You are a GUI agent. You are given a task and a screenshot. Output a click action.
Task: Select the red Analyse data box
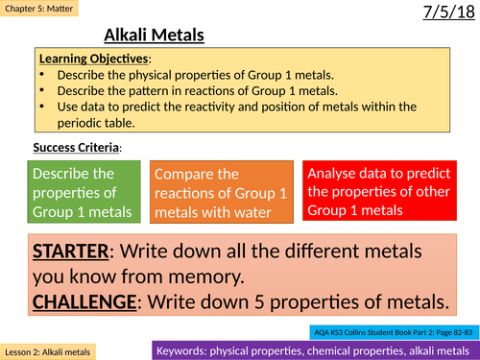pos(390,189)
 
